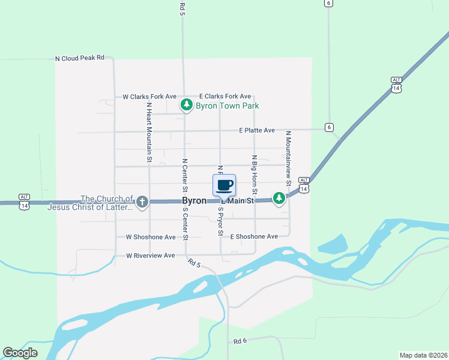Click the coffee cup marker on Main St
[x=224, y=185]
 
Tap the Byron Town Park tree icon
[x=187, y=106]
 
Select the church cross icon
[x=142, y=202]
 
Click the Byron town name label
[x=194, y=202]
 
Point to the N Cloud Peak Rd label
[x=80, y=58]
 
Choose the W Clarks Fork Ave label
[x=149, y=97]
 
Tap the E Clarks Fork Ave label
[x=225, y=97]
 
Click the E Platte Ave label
[x=256, y=130]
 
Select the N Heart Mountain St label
[x=149, y=132]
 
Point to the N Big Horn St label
[x=255, y=175]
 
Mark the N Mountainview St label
[x=288, y=158]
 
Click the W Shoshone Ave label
[x=151, y=237]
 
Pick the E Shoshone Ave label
[x=254, y=237]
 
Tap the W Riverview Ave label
[x=151, y=256]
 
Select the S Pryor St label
[x=221, y=222]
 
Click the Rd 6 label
[x=241, y=341]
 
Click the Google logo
[x=20, y=353]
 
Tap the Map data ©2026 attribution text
[x=423, y=355]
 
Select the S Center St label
[x=185, y=226]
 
